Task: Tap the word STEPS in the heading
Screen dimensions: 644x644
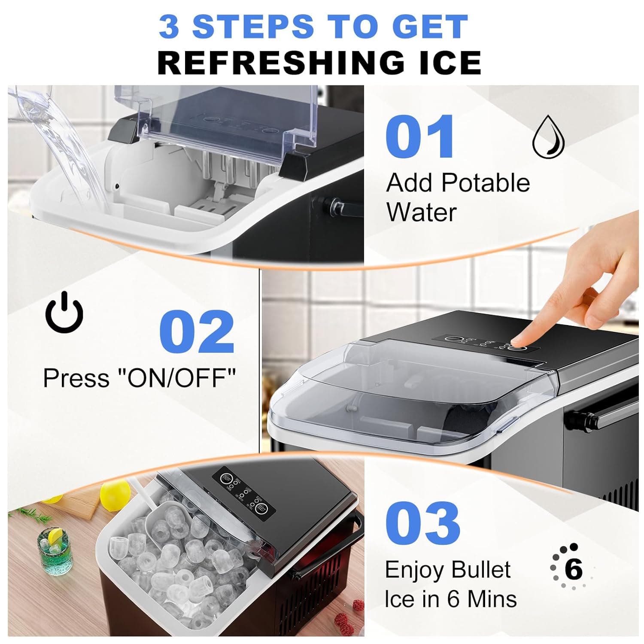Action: point(253,27)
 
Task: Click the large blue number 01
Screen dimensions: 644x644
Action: point(419,137)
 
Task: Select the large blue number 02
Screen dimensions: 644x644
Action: point(197,332)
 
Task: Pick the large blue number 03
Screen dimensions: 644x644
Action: point(422,523)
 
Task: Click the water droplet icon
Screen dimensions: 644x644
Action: point(548,137)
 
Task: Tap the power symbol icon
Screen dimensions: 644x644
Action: point(64,313)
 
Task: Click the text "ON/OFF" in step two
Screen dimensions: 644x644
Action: point(176,378)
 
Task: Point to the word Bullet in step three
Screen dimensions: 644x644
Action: point(481,570)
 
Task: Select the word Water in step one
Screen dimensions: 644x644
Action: point(421,212)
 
